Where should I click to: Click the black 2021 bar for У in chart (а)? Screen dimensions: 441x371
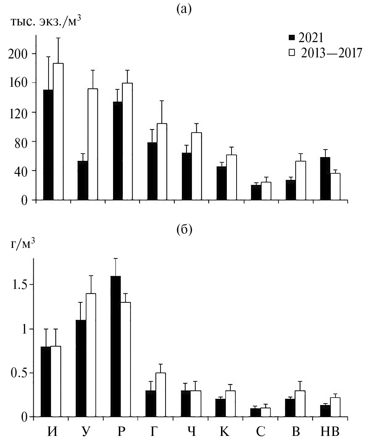tap(83, 180)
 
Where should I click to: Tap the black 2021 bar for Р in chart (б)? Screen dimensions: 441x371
tap(116, 346)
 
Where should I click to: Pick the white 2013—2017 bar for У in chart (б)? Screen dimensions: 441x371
tap(91, 355)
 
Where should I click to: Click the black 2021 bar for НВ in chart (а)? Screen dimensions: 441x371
tap(325, 179)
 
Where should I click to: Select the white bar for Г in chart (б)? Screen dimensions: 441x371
tap(161, 395)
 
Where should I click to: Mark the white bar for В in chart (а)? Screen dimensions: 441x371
tap(301, 180)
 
